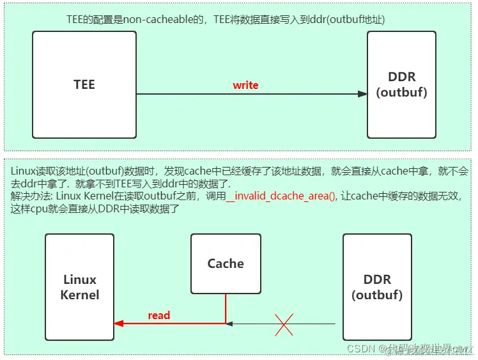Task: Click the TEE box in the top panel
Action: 84,84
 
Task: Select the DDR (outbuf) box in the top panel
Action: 401,84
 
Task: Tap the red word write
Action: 245,85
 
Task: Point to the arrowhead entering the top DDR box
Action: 362,94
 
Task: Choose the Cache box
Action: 226,263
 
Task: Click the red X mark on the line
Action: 284,324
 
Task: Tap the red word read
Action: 159,315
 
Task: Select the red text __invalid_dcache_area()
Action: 281,197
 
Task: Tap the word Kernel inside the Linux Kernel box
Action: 80,295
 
